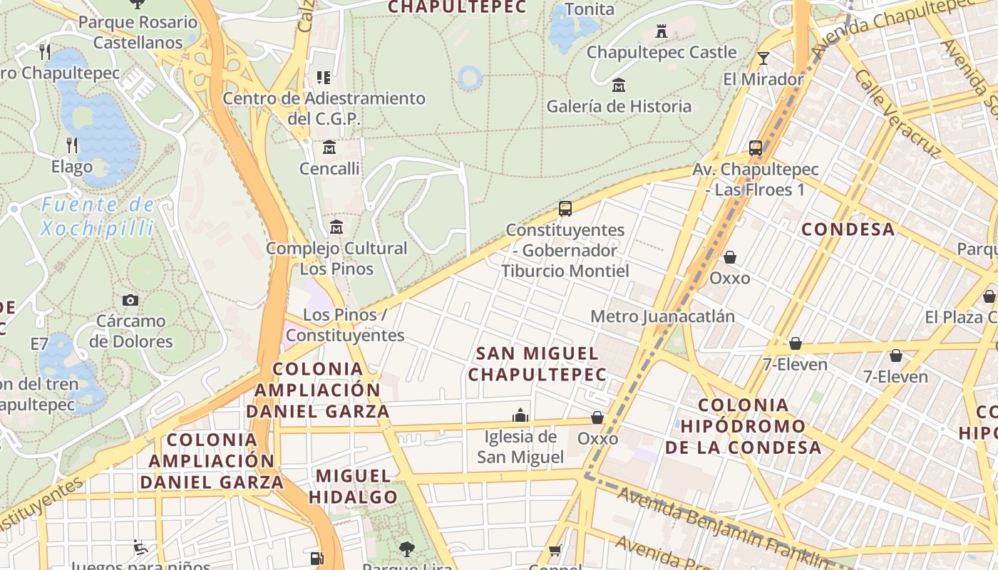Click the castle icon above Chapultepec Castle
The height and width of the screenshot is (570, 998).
pos(661,31)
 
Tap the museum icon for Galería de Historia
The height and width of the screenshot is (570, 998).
pos(619,85)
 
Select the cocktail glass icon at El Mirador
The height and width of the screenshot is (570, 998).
pos(763,58)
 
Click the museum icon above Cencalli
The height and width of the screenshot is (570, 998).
pos(329,147)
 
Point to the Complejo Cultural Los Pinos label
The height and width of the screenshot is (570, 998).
pos(336,258)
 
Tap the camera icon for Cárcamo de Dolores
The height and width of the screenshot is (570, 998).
pos(130,300)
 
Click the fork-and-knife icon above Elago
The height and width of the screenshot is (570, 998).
pos(72,145)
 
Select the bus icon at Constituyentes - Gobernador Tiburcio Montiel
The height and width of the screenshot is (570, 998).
pos(565,209)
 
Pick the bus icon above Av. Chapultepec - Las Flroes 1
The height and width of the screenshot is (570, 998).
pos(756,149)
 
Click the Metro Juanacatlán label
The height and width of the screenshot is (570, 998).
pos(662,316)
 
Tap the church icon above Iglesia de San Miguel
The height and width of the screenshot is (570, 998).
pos(520,415)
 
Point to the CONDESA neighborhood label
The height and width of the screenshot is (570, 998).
pos(848,229)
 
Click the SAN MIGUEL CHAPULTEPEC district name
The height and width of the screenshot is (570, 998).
pos(537,363)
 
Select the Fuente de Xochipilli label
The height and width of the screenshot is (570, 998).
pos(98,217)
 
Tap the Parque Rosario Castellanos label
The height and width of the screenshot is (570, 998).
pos(138,32)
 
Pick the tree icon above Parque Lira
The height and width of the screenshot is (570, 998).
pos(407,549)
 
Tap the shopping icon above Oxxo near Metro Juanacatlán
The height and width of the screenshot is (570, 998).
pos(729,256)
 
